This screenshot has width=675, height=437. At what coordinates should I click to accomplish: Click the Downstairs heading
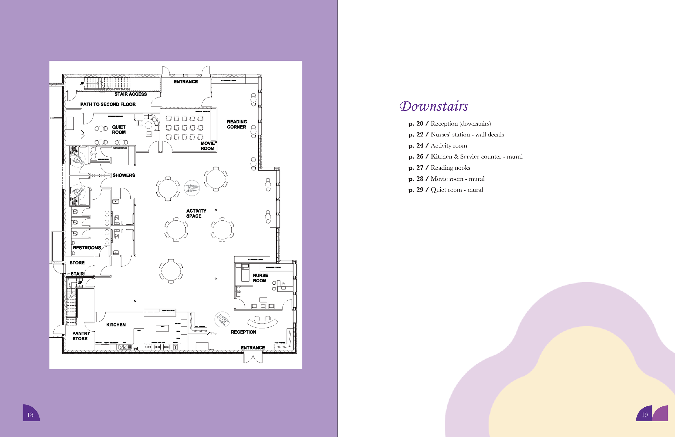tap(434, 106)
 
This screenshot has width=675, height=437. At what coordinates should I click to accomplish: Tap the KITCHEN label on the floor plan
tap(116, 325)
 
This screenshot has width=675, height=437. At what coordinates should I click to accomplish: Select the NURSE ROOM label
tap(260, 278)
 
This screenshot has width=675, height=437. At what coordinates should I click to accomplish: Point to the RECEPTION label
tap(243, 332)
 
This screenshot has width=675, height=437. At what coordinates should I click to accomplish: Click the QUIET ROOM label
tap(119, 130)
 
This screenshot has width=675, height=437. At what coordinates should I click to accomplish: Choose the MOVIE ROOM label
tap(208, 146)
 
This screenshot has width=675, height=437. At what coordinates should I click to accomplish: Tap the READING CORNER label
tap(237, 124)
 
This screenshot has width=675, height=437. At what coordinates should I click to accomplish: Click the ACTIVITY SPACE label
tap(196, 213)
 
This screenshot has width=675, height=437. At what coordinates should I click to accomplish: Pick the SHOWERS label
tap(124, 175)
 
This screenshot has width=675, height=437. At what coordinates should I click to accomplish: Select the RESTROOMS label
tap(87, 248)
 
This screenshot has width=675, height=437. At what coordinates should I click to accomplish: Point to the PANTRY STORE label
tap(81, 336)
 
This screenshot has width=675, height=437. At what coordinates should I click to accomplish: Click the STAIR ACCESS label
tap(130, 94)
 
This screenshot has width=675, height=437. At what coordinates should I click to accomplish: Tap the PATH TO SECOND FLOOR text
tap(108, 105)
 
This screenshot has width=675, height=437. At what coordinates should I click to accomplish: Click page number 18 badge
tap(31, 415)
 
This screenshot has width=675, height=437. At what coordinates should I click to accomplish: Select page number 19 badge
tap(644, 415)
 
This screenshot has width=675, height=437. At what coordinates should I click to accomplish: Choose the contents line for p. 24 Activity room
tap(438, 146)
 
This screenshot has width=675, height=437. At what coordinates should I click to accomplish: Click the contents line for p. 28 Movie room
tap(446, 179)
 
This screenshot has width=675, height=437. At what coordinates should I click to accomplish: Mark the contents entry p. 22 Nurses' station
tap(456, 135)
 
